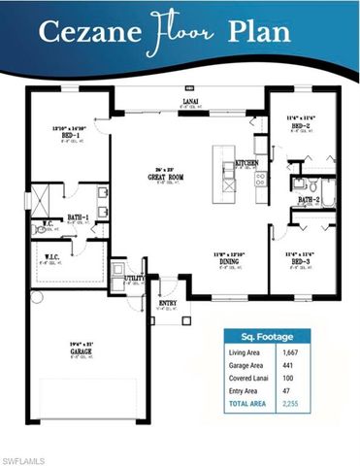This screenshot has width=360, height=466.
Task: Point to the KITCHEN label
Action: tap(247, 163)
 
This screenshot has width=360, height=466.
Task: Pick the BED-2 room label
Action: tap(299, 126)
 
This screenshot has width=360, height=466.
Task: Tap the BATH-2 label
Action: tap(309, 200)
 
